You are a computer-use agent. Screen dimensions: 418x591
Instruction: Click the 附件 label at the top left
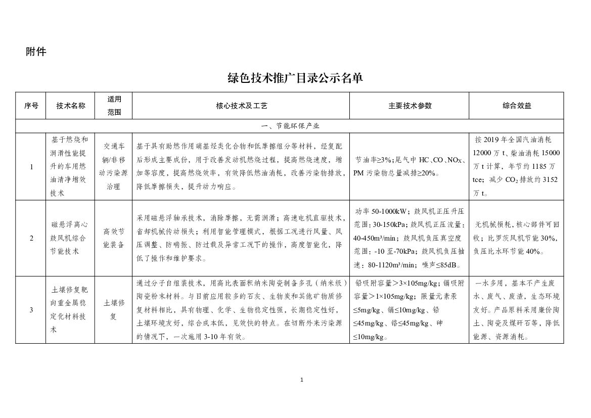[36, 52]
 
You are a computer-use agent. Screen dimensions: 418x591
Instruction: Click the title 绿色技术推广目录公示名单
[295, 78]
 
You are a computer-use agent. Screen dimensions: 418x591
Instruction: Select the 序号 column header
[31, 106]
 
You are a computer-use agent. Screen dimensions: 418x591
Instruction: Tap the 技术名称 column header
[71, 106]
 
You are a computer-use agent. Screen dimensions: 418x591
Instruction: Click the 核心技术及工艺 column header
[241, 106]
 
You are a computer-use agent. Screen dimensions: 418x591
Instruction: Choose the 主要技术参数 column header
[410, 106]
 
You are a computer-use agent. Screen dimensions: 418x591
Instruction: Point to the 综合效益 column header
[516, 106]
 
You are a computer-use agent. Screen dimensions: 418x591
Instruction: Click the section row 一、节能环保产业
[290, 126]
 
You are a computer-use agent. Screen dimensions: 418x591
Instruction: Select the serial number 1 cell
[31, 167]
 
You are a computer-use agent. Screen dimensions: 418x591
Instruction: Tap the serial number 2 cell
[31, 238]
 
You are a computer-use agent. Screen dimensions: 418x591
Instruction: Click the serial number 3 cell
[31, 310]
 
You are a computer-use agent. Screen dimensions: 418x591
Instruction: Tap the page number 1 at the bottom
[301, 380]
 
